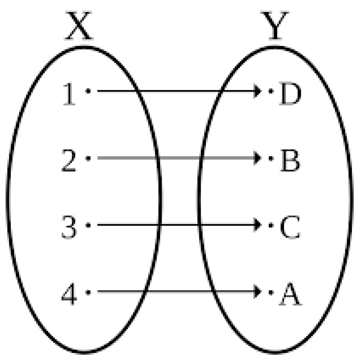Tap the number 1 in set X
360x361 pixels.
point(69,95)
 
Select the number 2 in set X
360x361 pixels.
point(69,161)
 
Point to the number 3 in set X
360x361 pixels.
point(69,228)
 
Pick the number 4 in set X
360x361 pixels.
point(69,295)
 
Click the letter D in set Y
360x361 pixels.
point(289,95)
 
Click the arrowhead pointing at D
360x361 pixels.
point(258,91)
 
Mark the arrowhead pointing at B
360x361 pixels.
point(258,158)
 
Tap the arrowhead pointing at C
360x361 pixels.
point(258,225)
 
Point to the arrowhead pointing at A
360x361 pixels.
point(258,292)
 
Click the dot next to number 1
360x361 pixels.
point(88,91)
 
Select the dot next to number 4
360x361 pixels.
point(88,292)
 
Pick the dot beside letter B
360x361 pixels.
point(270,158)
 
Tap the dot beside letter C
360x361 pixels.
point(270,225)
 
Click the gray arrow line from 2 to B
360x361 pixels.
point(176,158)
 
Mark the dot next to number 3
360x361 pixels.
point(88,225)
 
